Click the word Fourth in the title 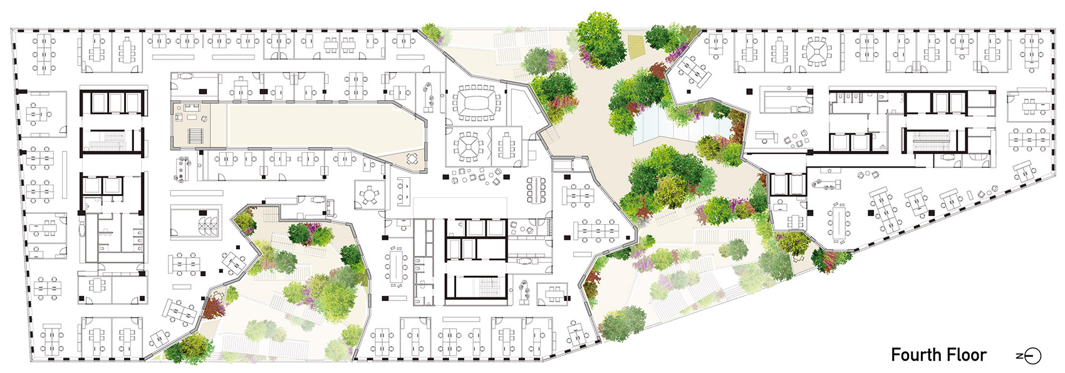pos(914,355)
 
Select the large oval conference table pos(476,101)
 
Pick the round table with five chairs pos(369,195)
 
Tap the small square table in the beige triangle pos(412,159)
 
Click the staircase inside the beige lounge pos(194,136)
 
